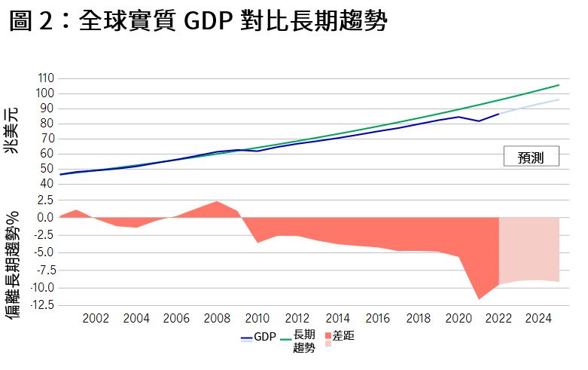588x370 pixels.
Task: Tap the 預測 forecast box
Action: (531, 157)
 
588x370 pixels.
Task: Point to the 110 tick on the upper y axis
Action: (44, 78)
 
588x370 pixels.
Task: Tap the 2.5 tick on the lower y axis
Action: (44, 200)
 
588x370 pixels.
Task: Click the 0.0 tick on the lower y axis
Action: (44, 218)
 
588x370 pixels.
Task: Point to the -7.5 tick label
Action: (41, 270)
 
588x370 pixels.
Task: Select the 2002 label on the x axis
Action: (96, 319)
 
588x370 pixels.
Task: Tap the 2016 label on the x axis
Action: (378, 319)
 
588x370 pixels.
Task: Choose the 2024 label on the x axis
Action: (539, 319)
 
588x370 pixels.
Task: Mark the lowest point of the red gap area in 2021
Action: (479, 299)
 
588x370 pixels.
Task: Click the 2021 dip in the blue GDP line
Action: (479, 121)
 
